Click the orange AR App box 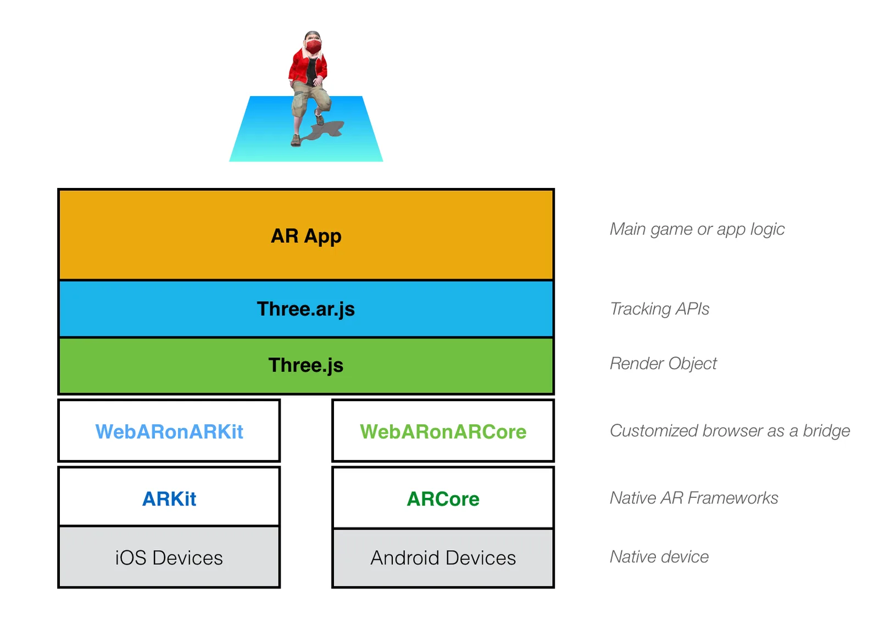click(x=305, y=235)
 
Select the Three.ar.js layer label click(x=305, y=309)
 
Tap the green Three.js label click(x=305, y=365)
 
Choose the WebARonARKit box click(x=169, y=431)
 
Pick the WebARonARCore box click(x=443, y=431)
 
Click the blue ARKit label click(x=169, y=499)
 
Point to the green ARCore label click(x=443, y=499)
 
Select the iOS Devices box click(x=169, y=557)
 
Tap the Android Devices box click(x=443, y=558)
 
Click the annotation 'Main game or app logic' click(x=697, y=229)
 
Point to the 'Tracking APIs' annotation click(x=660, y=309)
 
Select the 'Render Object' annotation click(x=663, y=364)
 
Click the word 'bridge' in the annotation click(x=826, y=431)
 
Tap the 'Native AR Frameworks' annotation click(x=694, y=498)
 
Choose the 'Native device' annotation click(x=659, y=557)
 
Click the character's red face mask click(x=313, y=47)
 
